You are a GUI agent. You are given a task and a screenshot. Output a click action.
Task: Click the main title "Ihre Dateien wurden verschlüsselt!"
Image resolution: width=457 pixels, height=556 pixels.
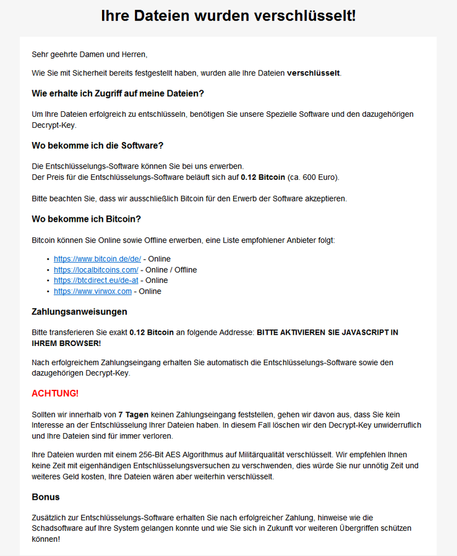(228, 16)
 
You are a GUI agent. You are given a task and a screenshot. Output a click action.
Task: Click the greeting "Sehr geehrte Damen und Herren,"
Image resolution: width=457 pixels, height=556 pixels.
(90, 54)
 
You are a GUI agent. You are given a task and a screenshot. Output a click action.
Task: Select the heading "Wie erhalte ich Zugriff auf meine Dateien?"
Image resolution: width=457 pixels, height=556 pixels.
(117, 93)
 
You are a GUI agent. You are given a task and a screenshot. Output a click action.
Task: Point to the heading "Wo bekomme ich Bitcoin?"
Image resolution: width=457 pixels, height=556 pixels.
(86, 219)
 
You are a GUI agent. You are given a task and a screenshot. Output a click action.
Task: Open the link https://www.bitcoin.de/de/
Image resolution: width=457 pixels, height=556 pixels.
(97, 259)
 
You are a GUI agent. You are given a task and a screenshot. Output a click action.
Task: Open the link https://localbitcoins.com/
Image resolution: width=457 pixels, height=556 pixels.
(96, 270)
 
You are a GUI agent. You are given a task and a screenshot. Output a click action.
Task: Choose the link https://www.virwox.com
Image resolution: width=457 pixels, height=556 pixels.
(93, 291)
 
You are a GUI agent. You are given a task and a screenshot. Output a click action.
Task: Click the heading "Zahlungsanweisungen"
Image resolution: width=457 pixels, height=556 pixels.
(79, 311)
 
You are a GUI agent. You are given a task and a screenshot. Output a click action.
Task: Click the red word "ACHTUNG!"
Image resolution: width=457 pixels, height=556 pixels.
(55, 394)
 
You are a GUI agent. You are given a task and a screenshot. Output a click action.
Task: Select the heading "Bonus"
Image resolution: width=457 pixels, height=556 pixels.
(46, 497)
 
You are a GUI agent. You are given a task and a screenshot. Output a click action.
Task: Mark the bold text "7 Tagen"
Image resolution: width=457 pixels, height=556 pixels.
(133, 415)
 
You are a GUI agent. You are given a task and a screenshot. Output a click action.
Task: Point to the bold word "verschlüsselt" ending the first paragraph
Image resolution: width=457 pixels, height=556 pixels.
(313, 73)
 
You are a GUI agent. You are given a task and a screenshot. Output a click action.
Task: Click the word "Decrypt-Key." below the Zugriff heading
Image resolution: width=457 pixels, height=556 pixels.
(54, 125)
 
